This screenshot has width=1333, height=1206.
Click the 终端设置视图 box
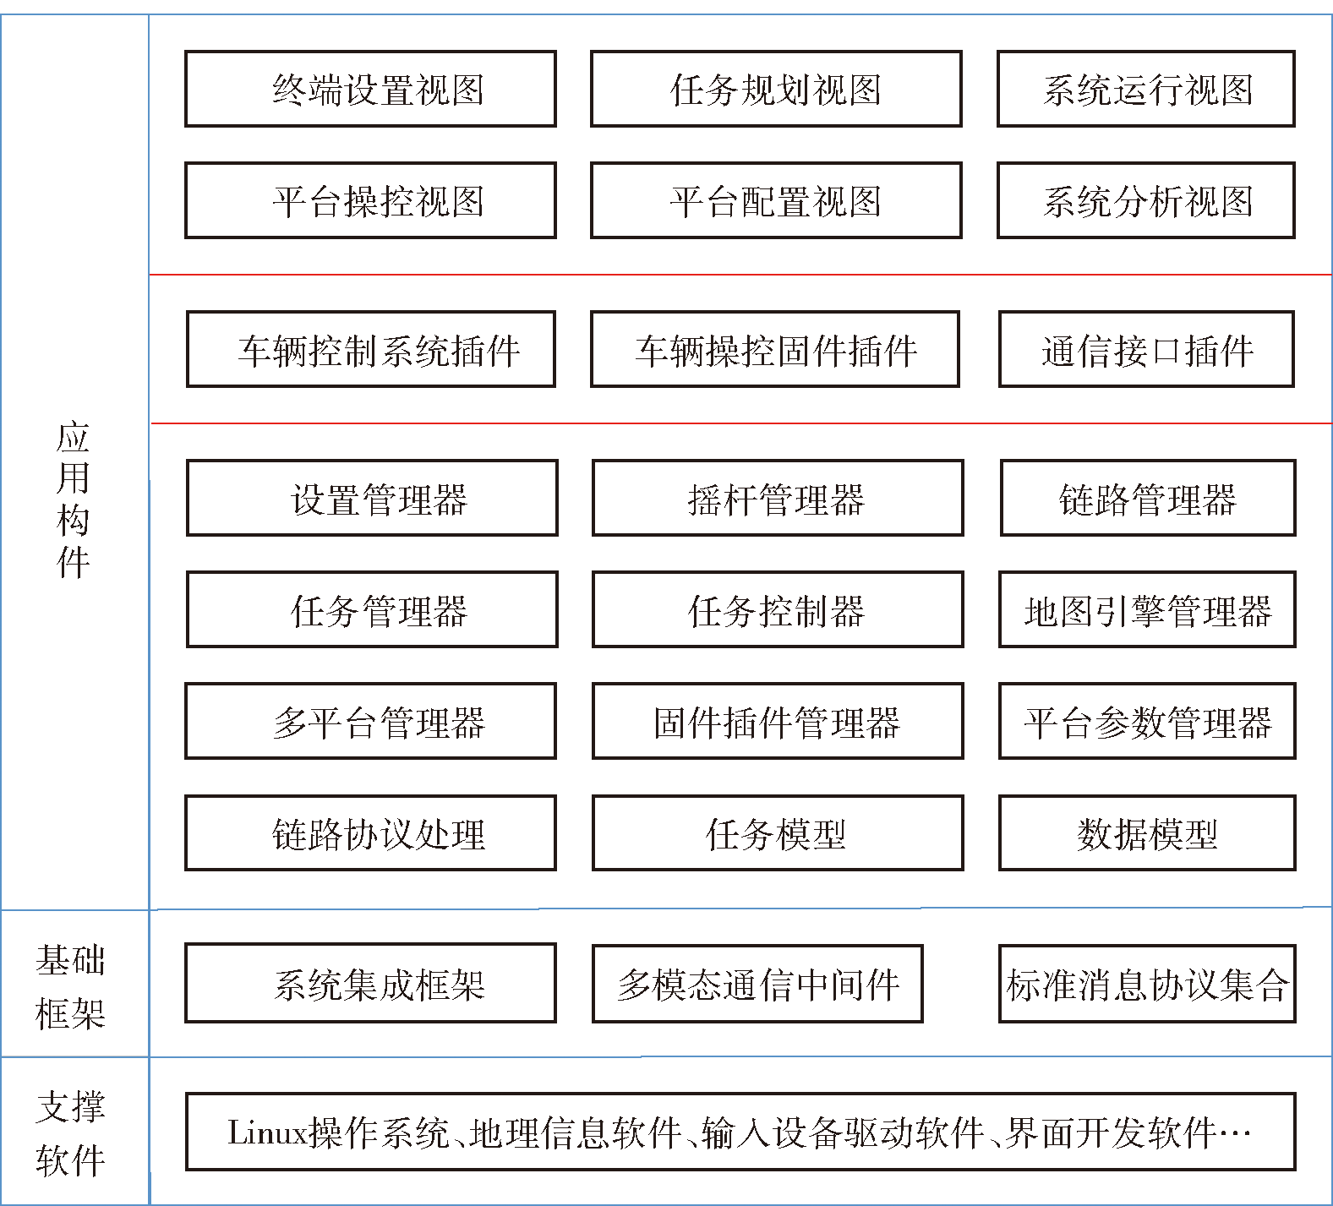(370, 89)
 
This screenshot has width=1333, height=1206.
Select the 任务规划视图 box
(776, 89)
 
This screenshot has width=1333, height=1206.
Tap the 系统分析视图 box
(1146, 200)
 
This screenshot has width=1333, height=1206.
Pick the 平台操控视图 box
(370, 200)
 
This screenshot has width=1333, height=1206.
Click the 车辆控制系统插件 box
(371, 349)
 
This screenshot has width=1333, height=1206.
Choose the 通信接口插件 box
(1146, 349)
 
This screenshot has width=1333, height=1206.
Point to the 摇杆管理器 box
(778, 498)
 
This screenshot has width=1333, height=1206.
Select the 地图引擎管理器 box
(1147, 609)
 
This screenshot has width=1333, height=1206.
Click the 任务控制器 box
(778, 609)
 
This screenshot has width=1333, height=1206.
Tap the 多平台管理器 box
(370, 721)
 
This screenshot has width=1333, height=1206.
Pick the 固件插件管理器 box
(778, 721)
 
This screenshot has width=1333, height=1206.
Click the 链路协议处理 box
(370, 832)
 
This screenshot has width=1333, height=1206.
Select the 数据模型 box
(1147, 832)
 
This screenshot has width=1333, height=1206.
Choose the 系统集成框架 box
(370, 983)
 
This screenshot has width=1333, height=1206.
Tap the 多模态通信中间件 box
(757, 983)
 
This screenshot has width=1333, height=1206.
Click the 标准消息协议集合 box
(1147, 983)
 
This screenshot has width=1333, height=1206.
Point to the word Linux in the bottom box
(267, 1132)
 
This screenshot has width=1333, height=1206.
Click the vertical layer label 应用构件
(73, 499)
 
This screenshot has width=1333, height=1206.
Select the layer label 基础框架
(71, 985)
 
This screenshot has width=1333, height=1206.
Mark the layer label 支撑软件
(71, 1132)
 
